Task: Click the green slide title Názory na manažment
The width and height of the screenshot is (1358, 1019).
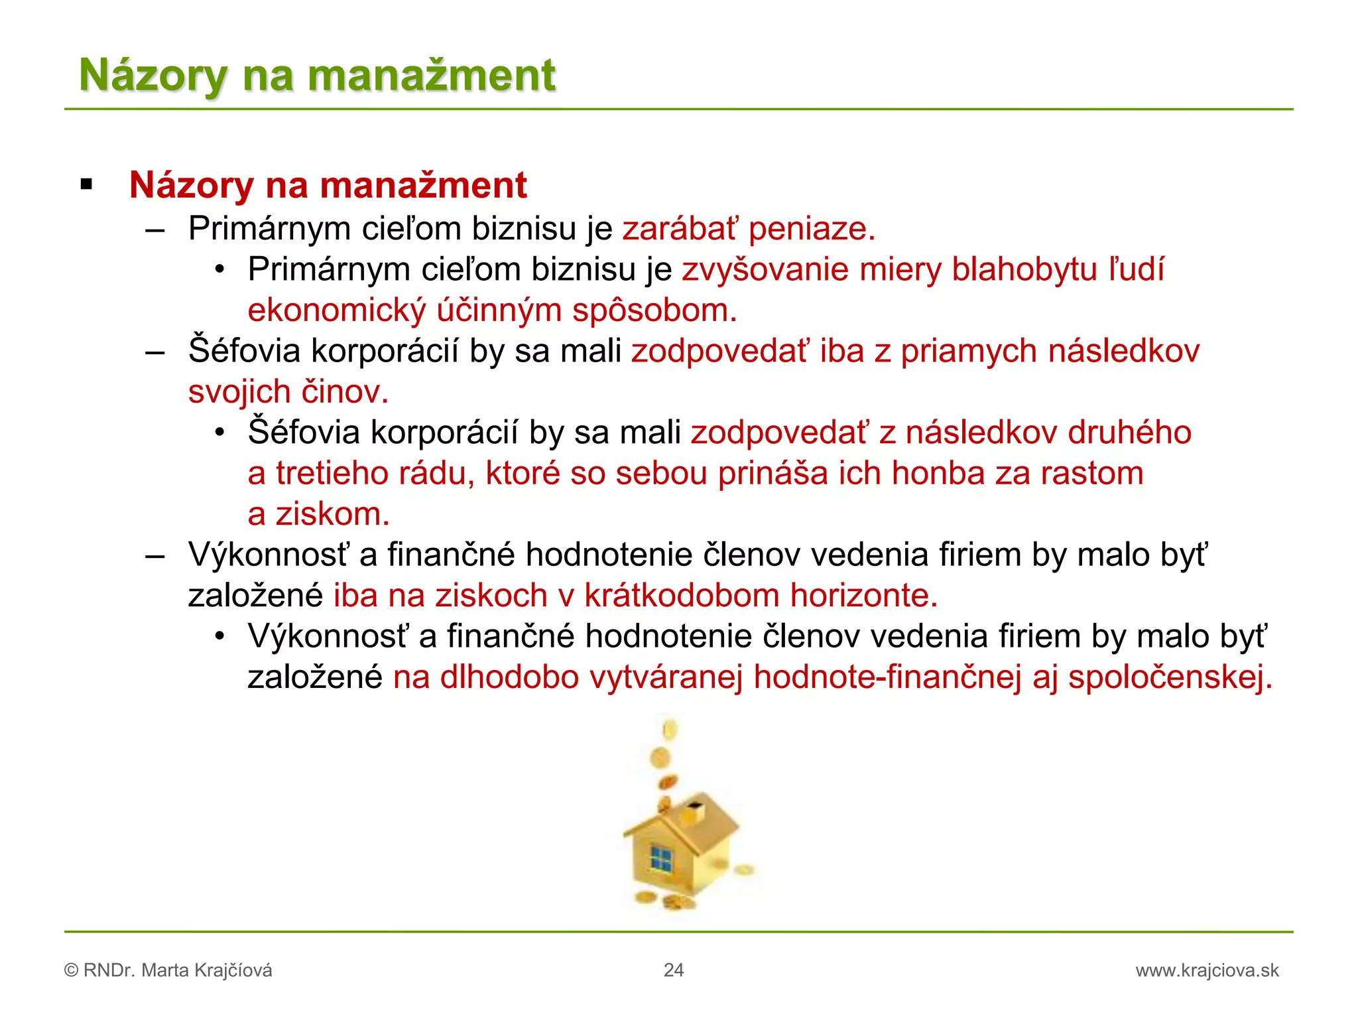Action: tap(317, 74)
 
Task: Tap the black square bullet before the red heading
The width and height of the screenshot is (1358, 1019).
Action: tap(86, 184)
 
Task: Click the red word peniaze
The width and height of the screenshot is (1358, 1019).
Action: tap(812, 229)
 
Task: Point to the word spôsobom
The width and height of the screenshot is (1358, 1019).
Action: tap(654, 310)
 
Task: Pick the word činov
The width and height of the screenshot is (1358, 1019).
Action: tap(345, 392)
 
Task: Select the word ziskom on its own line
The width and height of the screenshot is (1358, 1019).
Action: tap(332, 514)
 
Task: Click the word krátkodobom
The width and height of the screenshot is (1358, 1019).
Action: tap(681, 596)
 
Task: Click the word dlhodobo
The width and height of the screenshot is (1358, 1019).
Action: tap(509, 677)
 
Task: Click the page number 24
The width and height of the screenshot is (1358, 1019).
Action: tap(673, 970)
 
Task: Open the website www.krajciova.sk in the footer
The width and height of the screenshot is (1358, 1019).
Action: tap(1207, 971)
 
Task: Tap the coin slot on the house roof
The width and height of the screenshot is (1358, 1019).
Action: tap(695, 808)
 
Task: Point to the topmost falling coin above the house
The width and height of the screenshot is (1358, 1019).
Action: tap(670, 730)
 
